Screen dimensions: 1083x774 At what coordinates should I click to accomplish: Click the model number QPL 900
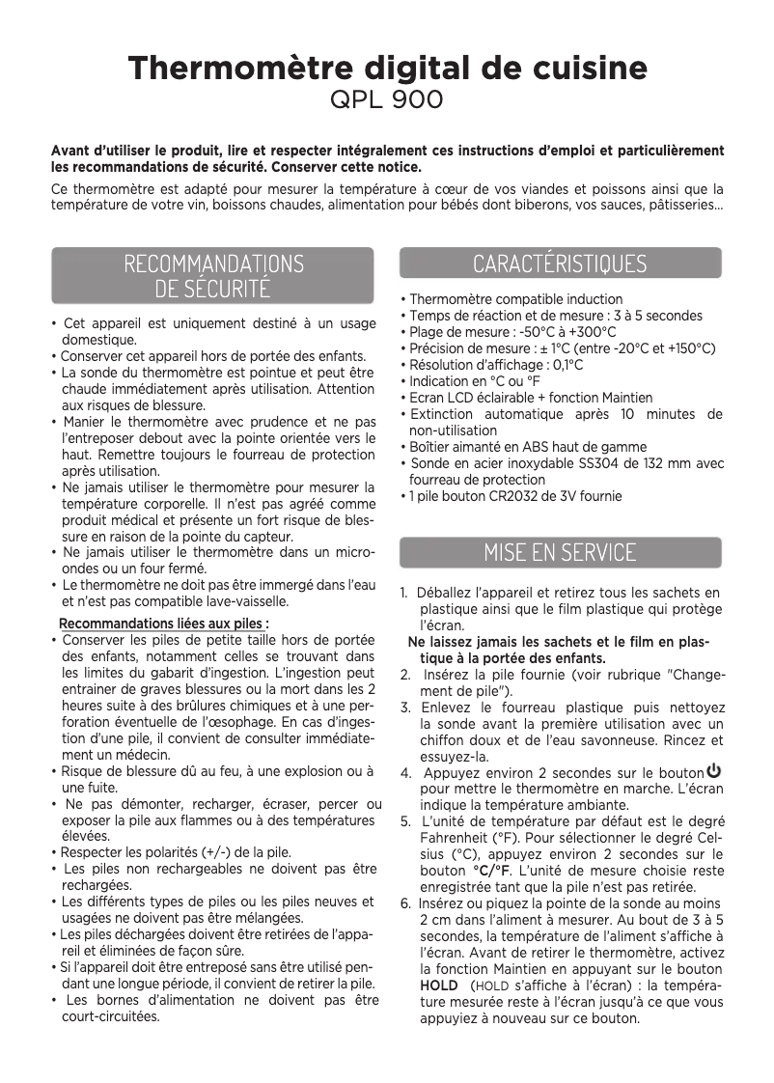coord(387,99)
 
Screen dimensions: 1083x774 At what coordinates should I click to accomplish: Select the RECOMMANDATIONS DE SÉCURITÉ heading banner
coord(212,275)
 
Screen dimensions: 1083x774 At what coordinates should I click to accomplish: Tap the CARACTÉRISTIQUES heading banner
coord(560,264)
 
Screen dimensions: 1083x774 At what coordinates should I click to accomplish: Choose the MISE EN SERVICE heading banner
coord(560,552)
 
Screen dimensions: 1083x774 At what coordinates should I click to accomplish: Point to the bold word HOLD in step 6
coord(439,986)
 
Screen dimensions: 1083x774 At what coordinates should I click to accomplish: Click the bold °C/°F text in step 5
coord(492,871)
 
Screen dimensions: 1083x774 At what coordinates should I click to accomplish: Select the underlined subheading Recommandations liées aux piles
coord(164,623)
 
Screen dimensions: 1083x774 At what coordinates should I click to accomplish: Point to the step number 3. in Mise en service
coord(405,708)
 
